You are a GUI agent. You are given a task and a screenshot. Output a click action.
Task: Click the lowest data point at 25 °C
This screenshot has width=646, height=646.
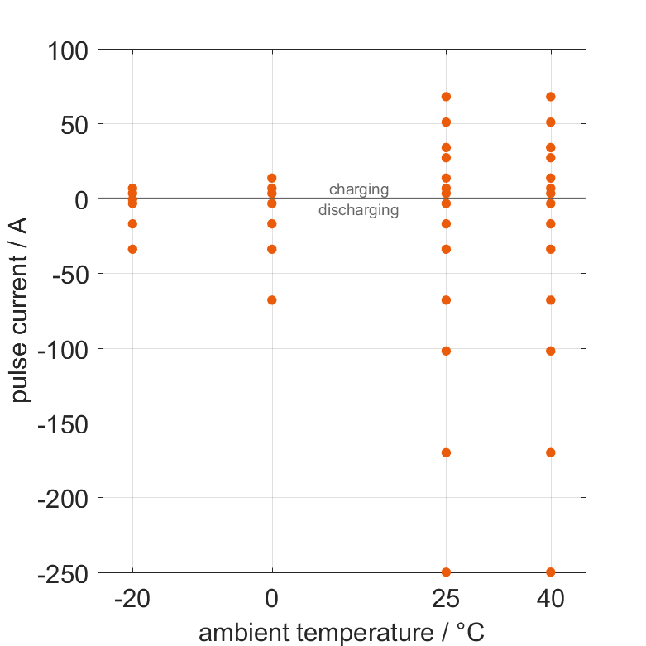click(x=446, y=572)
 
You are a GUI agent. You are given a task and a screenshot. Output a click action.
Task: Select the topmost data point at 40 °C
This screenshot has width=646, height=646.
click(x=551, y=97)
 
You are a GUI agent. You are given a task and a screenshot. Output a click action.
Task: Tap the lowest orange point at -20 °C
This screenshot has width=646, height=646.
click(x=132, y=249)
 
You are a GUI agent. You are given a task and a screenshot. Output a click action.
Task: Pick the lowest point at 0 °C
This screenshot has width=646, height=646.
click(x=272, y=299)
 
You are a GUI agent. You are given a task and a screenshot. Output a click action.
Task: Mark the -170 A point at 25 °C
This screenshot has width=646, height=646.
click(x=446, y=452)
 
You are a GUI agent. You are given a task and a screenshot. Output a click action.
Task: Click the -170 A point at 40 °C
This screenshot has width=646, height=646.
click(x=551, y=452)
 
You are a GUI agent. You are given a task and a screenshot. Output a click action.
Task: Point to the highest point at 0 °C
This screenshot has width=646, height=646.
click(x=272, y=178)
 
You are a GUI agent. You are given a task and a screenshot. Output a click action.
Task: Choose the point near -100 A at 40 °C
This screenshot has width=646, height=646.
click(x=551, y=351)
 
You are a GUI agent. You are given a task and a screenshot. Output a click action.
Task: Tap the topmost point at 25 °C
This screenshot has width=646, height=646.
click(x=446, y=97)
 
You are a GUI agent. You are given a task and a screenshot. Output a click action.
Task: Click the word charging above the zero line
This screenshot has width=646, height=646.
click(x=358, y=189)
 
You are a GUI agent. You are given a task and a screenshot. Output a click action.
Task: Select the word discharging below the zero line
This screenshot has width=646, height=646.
click(x=358, y=210)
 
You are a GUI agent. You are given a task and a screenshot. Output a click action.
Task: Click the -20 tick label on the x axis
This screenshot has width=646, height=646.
click(x=132, y=599)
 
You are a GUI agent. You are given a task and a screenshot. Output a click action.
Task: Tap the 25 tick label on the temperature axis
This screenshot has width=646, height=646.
click(x=446, y=599)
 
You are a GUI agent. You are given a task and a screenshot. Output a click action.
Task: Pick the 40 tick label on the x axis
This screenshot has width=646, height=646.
click(x=551, y=599)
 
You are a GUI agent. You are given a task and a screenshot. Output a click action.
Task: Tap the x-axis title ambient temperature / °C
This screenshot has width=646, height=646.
click(x=342, y=634)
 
